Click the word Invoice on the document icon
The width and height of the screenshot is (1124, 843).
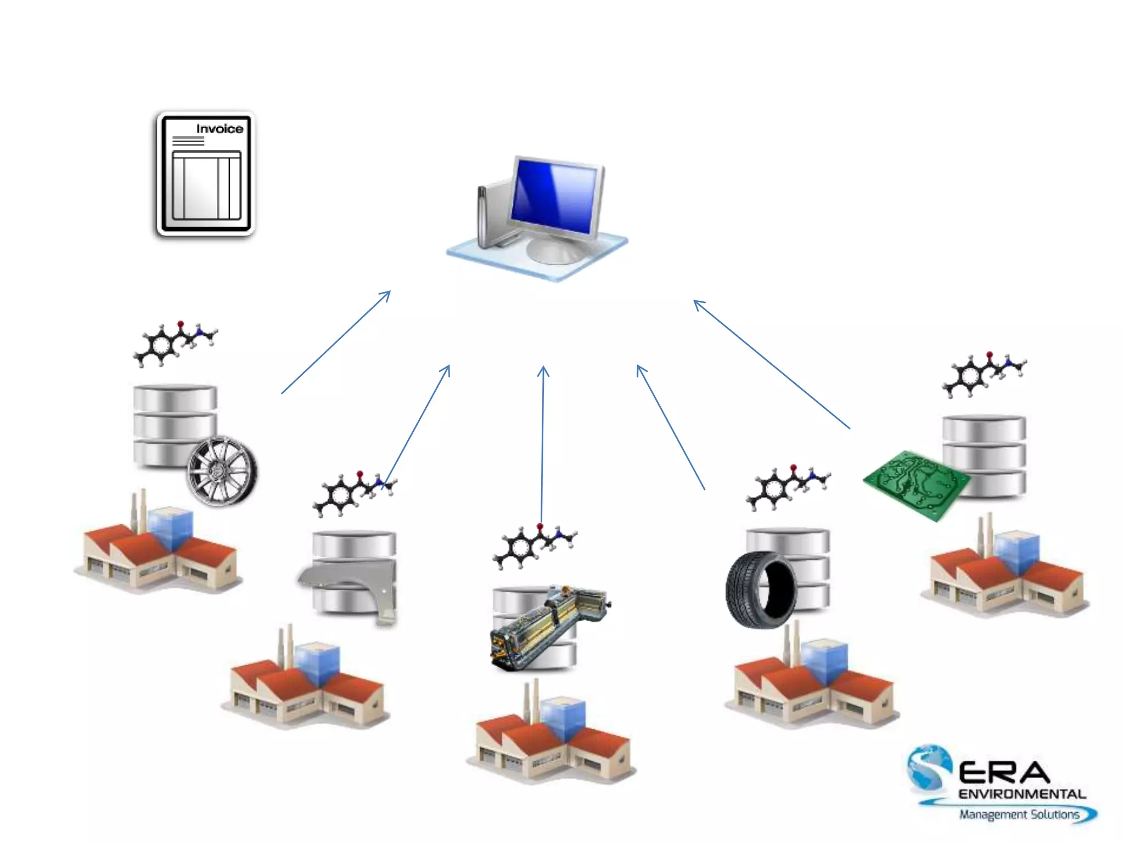[220, 128]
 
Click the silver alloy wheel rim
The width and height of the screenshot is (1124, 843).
[222, 471]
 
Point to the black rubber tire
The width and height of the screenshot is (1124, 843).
[761, 590]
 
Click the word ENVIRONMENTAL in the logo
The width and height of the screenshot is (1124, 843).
[1022, 794]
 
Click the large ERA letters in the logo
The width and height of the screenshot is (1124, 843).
[1004, 773]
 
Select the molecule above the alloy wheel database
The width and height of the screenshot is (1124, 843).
[175, 342]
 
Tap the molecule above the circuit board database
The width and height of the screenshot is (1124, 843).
[983, 373]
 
